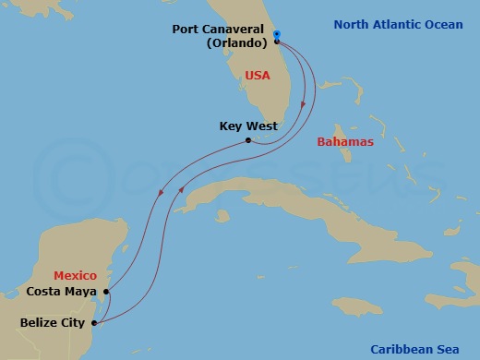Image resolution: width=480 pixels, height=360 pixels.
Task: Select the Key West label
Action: click(248, 126)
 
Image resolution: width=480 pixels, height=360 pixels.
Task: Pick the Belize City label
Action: click(53, 323)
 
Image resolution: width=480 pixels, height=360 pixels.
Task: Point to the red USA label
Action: click(258, 75)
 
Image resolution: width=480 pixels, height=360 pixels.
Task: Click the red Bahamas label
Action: click(344, 142)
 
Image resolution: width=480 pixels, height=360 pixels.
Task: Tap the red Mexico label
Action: click(75, 275)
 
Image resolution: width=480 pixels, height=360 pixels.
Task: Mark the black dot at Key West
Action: click(247, 140)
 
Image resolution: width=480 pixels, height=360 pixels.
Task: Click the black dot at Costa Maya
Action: click(107, 292)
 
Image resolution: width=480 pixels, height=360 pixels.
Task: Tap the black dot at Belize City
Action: click(96, 323)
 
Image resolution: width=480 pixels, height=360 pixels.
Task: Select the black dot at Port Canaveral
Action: click(276, 42)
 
